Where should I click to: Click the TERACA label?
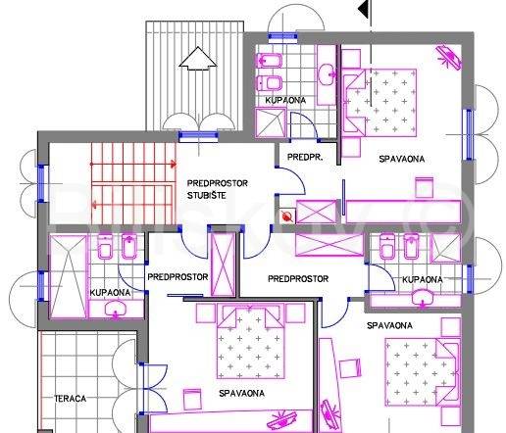click(x=71, y=399)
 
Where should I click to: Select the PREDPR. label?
click(x=305, y=157)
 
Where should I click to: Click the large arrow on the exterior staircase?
click(x=198, y=59)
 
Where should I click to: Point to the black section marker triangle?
click(x=364, y=9)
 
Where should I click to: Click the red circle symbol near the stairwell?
click(x=287, y=216)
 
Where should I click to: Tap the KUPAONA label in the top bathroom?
click(x=285, y=100)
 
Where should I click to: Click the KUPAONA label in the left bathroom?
click(x=110, y=293)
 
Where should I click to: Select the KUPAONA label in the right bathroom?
click(x=423, y=279)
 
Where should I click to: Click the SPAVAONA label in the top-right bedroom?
click(x=402, y=159)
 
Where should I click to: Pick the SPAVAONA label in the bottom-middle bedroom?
click(x=241, y=394)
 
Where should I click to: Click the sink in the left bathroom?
click(x=115, y=309)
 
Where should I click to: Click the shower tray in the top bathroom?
click(x=271, y=122)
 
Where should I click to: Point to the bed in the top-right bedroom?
click(x=379, y=103)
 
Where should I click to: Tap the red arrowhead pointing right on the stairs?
click(x=173, y=164)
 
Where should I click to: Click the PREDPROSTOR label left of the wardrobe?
click(x=177, y=277)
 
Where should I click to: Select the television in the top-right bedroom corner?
click(x=449, y=57)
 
